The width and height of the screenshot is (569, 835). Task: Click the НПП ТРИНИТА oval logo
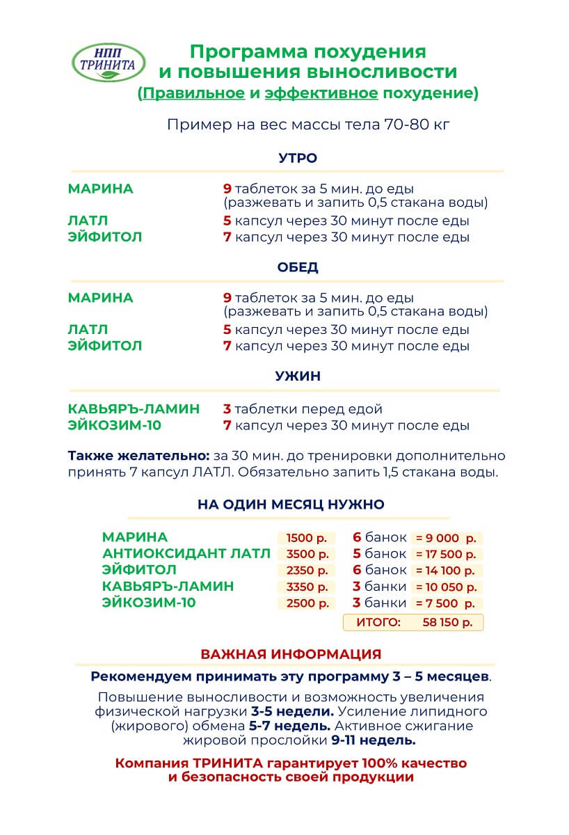(109, 62)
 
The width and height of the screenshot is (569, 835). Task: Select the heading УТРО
(298, 158)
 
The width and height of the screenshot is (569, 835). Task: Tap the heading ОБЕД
(298, 267)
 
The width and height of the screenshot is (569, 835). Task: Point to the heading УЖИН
(298, 376)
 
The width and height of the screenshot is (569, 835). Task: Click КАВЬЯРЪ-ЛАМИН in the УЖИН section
(134, 409)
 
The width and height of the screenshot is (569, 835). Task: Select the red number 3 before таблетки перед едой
(227, 409)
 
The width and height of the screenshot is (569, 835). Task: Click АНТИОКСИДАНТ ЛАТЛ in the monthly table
(186, 554)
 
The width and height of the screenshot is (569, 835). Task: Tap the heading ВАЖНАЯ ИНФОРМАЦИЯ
(291, 654)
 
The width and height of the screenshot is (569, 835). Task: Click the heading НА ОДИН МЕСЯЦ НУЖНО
(291, 504)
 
